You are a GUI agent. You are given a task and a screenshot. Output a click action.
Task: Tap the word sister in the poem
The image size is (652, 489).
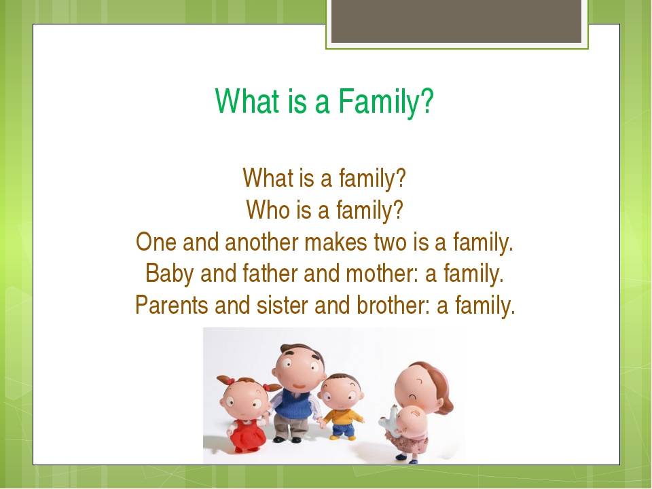[x=283, y=305]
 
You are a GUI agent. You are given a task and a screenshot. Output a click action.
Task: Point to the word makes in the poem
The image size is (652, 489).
[x=336, y=242]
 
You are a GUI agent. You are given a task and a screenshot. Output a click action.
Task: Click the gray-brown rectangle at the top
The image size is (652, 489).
[x=456, y=21]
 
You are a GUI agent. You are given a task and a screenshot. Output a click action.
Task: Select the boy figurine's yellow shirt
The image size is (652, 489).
[x=342, y=417]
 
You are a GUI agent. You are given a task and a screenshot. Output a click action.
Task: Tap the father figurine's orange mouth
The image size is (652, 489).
[x=300, y=386]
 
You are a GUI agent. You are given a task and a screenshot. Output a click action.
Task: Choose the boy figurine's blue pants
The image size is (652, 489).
[x=343, y=429]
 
